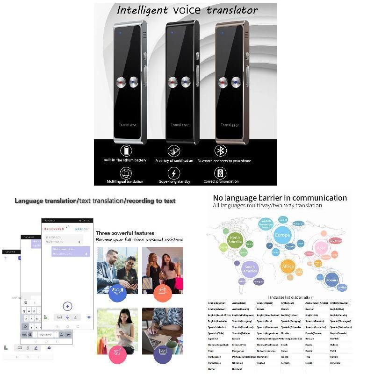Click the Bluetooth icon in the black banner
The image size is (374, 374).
pos(221,151)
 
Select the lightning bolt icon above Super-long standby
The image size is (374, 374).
pos(174,173)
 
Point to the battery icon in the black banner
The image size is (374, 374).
pos(126,151)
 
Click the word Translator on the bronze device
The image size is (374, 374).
pos(230,125)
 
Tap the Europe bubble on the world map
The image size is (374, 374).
pos(282,235)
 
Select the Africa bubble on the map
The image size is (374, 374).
pos(288,266)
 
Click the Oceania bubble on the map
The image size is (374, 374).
pos(331,280)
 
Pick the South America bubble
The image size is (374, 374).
pos(250,270)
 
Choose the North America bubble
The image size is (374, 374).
pos(235,240)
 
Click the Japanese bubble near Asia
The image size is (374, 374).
pos(336,240)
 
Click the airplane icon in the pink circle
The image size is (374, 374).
pos(117,354)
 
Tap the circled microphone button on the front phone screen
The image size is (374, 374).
pos(67,306)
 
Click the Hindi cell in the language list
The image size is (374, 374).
pos(211,350)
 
